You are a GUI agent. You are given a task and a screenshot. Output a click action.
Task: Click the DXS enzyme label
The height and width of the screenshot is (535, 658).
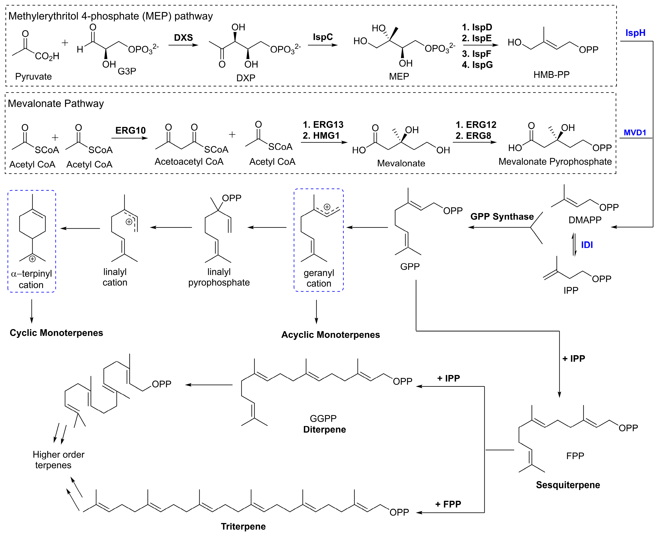(x=183, y=38)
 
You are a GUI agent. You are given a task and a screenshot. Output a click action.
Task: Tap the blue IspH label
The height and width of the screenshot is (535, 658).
(x=635, y=33)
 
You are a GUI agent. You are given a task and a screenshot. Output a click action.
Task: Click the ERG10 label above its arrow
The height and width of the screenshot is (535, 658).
(x=130, y=130)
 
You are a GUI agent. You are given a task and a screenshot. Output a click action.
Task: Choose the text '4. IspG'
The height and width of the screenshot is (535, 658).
(x=477, y=65)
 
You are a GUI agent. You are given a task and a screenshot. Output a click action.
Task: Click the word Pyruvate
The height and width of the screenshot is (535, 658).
(x=33, y=76)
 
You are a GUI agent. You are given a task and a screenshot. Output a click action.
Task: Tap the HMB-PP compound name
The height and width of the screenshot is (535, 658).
(x=551, y=75)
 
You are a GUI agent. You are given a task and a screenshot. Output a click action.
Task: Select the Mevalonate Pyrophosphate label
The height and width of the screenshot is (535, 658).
(x=555, y=162)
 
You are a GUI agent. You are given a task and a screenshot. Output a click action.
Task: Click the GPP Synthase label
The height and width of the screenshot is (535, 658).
(x=502, y=216)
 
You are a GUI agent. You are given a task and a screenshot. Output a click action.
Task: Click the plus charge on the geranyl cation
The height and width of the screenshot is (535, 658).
(x=327, y=207)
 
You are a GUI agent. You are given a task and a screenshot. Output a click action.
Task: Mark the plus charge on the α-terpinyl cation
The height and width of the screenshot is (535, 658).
(x=32, y=259)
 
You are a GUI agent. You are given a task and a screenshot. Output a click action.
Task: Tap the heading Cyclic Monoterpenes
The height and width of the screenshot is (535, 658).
(x=56, y=333)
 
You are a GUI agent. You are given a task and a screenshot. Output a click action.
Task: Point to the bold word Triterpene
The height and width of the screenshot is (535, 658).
(x=243, y=526)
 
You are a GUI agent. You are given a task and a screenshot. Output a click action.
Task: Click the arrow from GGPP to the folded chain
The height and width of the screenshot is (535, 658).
(x=209, y=385)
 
